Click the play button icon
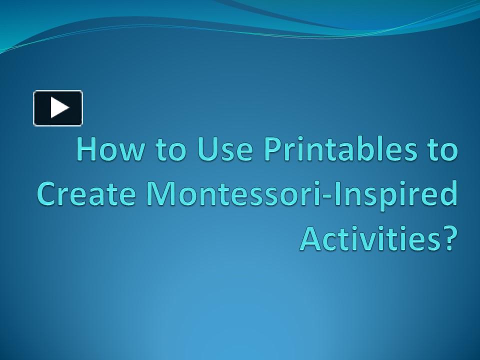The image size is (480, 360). click(x=58, y=108)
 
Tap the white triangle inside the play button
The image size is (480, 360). click(x=59, y=108)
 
